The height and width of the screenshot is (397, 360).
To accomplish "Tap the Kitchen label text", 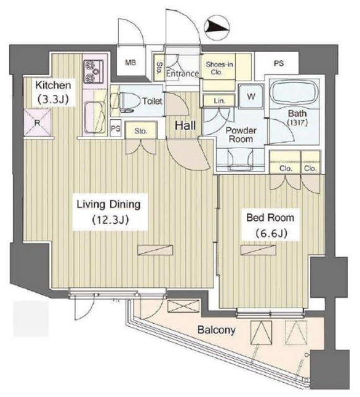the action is pos(53,85).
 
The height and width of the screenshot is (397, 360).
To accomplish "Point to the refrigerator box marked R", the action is pos(37,123).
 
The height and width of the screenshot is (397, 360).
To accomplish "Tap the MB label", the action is pos(130,63).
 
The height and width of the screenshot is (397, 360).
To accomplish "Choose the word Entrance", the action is pos(182,74).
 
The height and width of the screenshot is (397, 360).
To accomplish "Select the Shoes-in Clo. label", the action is pos(219,68).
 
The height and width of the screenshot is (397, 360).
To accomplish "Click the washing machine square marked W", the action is pos(251,97).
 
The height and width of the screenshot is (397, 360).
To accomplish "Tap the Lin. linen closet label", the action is pos(219,101).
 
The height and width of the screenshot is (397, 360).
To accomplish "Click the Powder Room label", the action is pos(240,135).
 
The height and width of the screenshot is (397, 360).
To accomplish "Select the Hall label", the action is pos(186,125).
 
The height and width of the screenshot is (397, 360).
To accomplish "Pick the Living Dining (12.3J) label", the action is pos(109,212).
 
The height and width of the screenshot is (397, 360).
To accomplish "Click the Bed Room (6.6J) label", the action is pos(271,225).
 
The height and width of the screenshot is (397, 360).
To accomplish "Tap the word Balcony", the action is pos(217,330).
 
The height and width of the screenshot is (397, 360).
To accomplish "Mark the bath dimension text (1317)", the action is pos(297,123).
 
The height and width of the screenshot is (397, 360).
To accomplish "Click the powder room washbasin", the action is pos(241,160).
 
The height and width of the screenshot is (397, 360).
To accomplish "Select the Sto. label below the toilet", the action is pos(140,132).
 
